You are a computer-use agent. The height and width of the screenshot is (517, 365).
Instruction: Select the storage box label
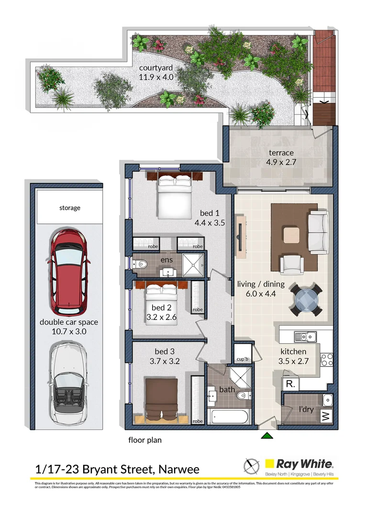tap(70, 208)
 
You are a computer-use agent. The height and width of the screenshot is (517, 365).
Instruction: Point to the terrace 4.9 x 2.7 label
tap(281, 157)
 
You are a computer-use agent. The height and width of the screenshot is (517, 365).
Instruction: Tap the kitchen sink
tap(305, 337)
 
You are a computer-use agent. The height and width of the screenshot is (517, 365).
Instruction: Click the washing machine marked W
tap(326, 416)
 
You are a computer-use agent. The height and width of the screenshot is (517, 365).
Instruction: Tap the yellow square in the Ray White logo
tap(269, 463)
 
